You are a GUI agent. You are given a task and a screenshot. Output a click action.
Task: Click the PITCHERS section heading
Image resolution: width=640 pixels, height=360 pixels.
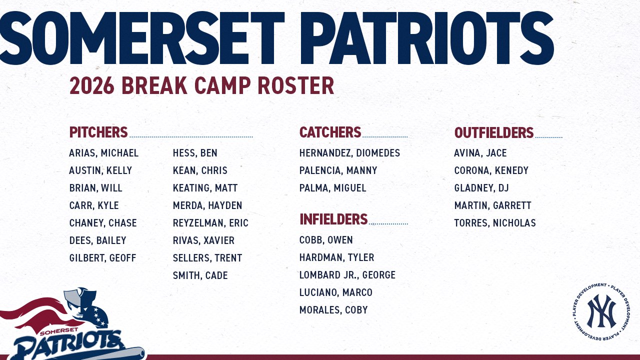(x=98, y=132)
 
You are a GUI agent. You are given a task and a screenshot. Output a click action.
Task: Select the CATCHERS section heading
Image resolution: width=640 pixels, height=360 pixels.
(x=330, y=132)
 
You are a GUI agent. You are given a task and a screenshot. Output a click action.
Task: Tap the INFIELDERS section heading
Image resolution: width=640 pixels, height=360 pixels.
(x=333, y=219)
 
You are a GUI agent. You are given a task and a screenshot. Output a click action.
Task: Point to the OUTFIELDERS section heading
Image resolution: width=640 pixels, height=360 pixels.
(x=493, y=133)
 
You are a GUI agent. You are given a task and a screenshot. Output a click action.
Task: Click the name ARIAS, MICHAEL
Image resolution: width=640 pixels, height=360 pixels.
(x=103, y=153)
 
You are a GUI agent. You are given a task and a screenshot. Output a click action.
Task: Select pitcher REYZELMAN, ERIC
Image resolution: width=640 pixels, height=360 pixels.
(x=210, y=223)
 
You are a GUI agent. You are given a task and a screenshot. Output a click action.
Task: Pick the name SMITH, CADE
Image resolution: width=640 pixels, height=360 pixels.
(x=200, y=275)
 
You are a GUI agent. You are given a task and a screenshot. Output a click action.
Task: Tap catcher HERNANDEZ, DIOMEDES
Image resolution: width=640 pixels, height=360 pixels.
(x=349, y=153)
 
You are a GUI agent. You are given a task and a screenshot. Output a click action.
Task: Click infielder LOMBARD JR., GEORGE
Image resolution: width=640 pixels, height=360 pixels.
(x=347, y=275)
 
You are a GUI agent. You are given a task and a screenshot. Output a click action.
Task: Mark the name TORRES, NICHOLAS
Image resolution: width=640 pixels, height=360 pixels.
(x=494, y=223)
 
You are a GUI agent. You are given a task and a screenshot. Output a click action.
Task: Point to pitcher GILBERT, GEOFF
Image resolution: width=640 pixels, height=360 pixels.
(x=102, y=258)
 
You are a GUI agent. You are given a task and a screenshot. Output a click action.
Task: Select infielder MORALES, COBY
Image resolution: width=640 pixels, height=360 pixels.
(x=333, y=310)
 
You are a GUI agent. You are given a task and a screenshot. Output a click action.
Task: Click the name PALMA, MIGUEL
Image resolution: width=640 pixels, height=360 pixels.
(x=332, y=188)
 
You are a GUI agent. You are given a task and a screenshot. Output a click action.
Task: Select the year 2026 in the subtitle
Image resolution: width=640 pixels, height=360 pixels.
(x=92, y=86)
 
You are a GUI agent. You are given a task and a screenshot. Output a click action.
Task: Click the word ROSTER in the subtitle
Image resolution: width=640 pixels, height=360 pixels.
(x=295, y=86)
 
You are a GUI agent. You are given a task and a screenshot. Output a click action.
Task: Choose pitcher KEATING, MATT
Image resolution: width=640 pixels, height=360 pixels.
(x=205, y=188)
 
